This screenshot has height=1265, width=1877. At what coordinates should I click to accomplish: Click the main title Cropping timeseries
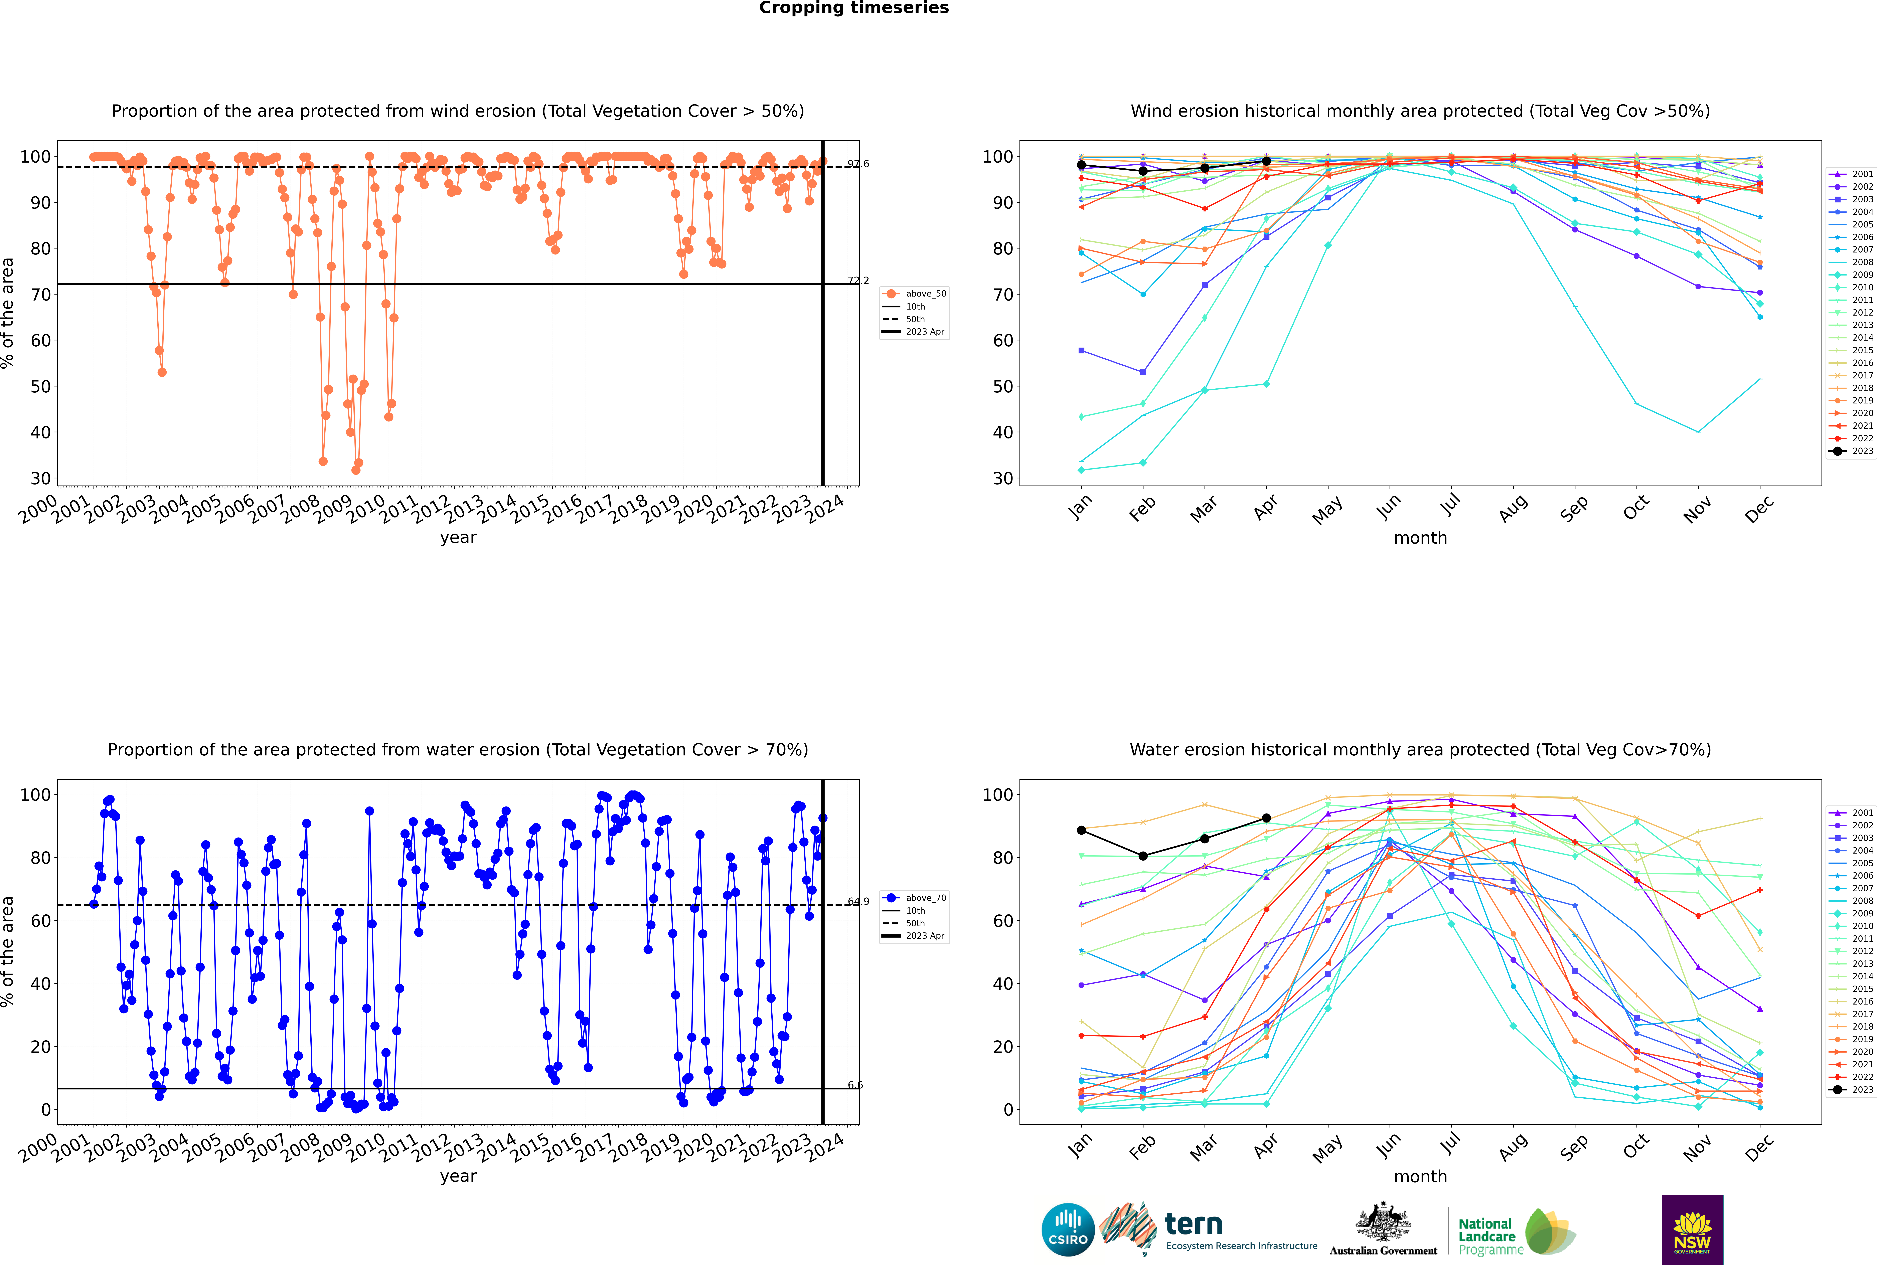pos(854,8)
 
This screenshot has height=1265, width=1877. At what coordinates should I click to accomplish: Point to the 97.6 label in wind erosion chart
pos(858,164)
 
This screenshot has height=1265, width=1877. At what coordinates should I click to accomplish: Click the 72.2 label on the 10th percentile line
pos(858,281)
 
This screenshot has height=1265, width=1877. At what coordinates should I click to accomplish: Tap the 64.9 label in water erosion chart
pos(858,901)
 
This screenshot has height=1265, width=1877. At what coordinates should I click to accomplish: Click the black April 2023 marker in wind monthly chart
pos(1266,161)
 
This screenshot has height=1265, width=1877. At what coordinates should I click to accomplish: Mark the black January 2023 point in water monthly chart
pos(1081,830)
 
